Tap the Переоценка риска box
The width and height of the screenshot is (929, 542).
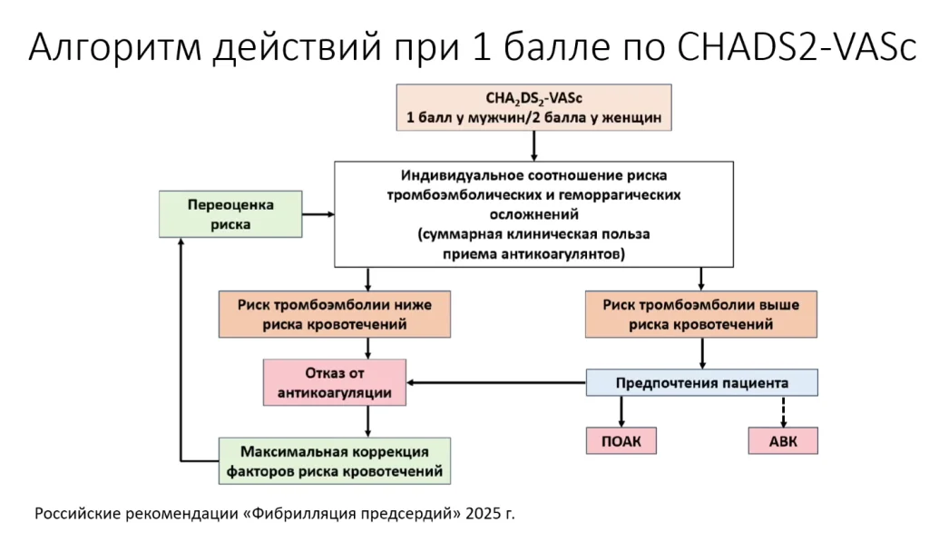230,213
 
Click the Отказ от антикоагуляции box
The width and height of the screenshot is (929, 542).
335,382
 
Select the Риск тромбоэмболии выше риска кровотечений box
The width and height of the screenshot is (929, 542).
700,314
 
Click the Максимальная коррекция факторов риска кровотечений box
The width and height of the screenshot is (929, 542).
335,461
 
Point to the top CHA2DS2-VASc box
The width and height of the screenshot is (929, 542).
533,107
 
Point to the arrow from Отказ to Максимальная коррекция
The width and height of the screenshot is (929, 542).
367,421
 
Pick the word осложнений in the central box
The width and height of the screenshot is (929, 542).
533,214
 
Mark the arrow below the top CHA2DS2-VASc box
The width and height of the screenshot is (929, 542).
533,146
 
